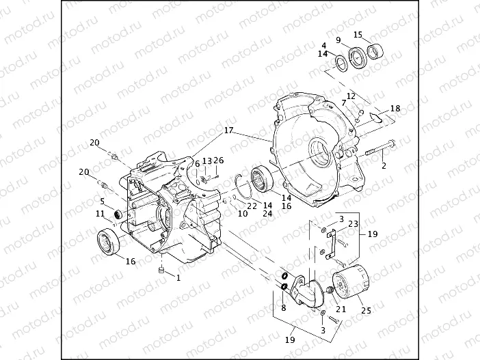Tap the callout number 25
click(x=366, y=311)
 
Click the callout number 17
click(x=227, y=129)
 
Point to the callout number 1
click(x=178, y=278)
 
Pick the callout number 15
click(x=358, y=34)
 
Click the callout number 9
click(x=338, y=40)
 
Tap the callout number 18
click(x=395, y=109)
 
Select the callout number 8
click(x=283, y=308)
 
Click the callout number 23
click(x=354, y=223)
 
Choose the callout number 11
click(x=101, y=214)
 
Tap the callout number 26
click(x=219, y=161)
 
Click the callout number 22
click(x=252, y=206)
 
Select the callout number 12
click(x=351, y=96)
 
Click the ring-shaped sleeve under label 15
click(x=375, y=50)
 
